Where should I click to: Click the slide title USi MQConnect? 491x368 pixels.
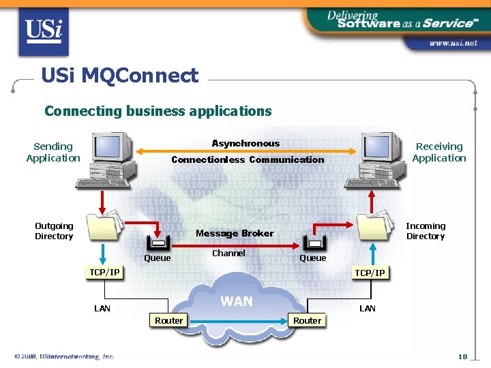coord(119,75)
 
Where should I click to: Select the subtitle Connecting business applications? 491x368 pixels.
coord(158,110)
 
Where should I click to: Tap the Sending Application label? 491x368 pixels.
coord(53,152)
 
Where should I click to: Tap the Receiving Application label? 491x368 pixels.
coord(439,152)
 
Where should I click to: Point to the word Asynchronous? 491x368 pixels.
coord(245,143)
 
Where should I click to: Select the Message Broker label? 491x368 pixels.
coord(235,233)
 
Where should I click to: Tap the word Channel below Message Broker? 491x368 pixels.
coord(228,253)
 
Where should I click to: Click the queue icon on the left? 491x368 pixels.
coord(158,242)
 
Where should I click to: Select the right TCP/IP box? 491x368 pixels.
coord(370,273)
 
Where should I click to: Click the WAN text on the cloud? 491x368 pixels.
coord(237,301)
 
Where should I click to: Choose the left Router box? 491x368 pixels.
coord(168,320)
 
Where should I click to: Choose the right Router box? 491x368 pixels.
coord(307,320)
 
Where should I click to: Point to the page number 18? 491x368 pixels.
coord(463,356)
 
